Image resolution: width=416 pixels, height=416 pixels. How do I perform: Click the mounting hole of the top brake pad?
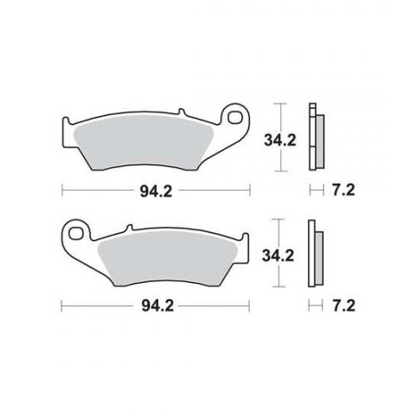(235, 117)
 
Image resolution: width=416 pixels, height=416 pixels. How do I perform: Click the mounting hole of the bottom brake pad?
(76, 234)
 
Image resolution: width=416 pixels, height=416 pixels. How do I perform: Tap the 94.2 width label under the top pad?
(156, 191)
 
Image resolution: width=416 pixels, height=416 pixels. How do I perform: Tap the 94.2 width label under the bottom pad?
(157, 306)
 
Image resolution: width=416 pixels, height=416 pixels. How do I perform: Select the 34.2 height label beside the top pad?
(280, 141)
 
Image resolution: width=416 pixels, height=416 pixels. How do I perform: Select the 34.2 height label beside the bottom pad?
(278, 255)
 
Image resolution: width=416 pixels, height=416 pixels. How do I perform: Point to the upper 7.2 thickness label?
(344, 191)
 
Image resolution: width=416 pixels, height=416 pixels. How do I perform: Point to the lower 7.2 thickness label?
(344, 306)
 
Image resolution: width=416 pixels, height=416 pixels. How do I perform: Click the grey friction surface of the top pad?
(143, 143)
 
